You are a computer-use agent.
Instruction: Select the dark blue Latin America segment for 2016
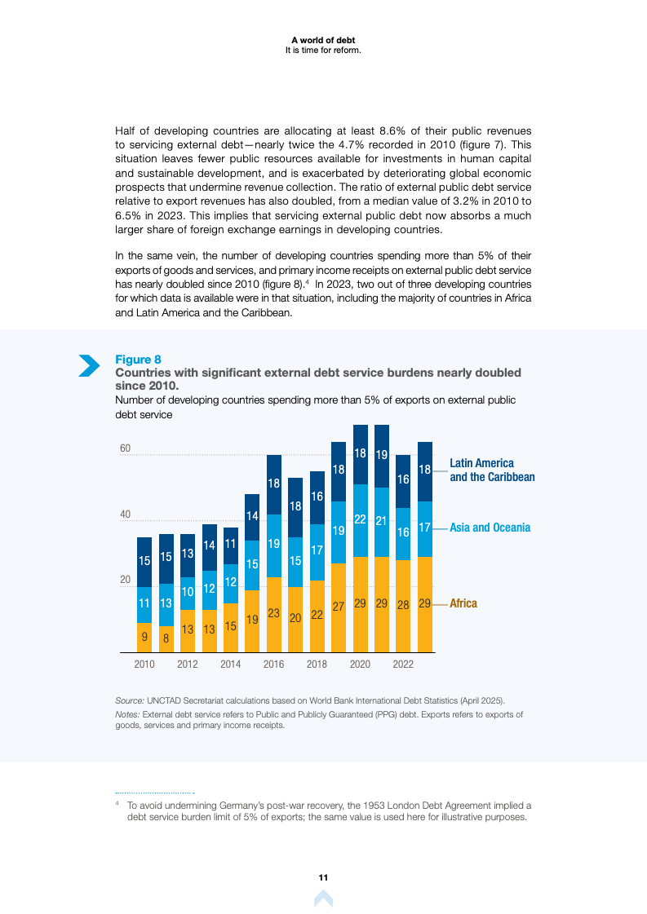click(274, 484)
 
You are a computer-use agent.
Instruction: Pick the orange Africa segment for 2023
click(424, 604)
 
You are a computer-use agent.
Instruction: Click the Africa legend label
click(463, 603)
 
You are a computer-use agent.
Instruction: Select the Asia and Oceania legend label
click(490, 528)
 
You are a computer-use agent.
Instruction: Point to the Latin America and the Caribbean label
click(492, 470)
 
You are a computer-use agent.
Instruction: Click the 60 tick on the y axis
click(125, 448)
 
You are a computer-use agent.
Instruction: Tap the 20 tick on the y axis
click(125, 581)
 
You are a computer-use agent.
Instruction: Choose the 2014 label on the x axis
click(231, 665)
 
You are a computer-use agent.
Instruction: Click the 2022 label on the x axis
click(403, 665)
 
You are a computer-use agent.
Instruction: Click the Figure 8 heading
click(138, 360)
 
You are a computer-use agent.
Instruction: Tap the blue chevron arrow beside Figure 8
click(88, 366)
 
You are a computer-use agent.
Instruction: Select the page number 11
click(323, 877)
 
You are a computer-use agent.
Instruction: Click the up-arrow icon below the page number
click(323, 899)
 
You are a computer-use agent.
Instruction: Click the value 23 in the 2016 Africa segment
click(274, 614)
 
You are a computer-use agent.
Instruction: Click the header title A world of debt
click(323, 40)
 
